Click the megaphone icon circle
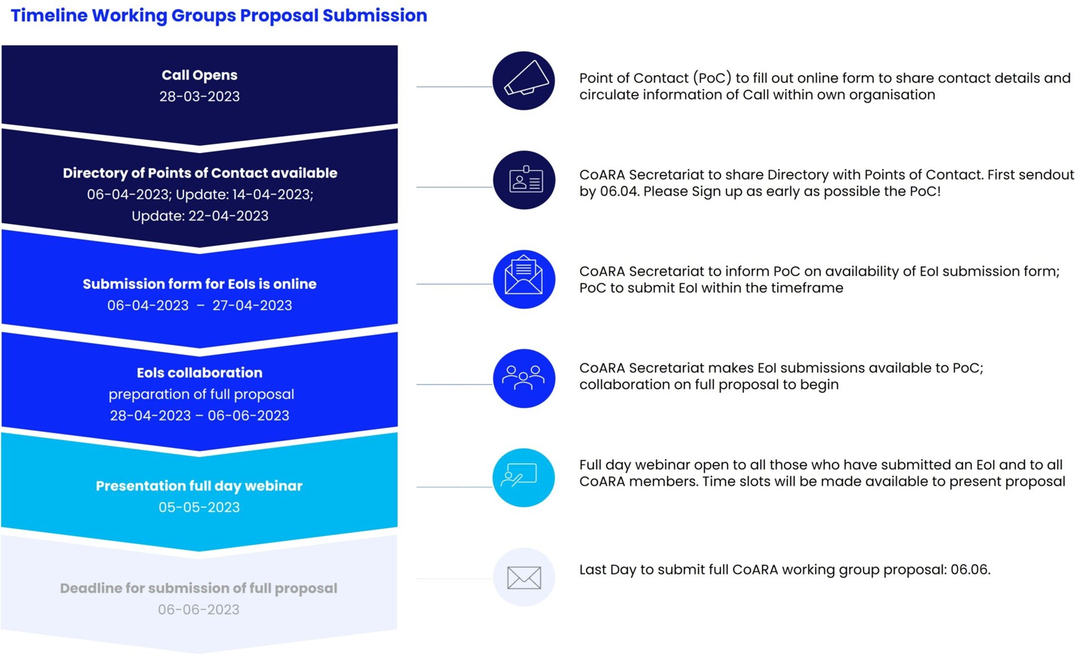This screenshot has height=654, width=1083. [x=523, y=81]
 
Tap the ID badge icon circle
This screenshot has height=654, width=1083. [x=524, y=180]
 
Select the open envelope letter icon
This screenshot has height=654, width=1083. [x=524, y=279]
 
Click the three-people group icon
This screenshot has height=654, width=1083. [x=524, y=378]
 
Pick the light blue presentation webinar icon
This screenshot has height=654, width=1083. [x=524, y=478]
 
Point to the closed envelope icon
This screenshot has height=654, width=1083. [x=524, y=577]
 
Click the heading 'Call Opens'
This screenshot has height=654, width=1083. [x=200, y=75]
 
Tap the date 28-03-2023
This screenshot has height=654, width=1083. [x=200, y=96]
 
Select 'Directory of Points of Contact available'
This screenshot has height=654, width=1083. [x=200, y=173]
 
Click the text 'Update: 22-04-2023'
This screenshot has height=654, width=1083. [x=200, y=216]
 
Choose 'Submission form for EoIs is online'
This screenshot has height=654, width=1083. [x=200, y=284]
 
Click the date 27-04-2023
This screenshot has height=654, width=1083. [x=252, y=305]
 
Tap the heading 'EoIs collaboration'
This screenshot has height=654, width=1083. [x=200, y=373]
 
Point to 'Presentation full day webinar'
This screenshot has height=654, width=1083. [x=199, y=486]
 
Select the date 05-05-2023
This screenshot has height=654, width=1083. [x=199, y=507]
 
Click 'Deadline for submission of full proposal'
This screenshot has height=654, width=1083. [x=198, y=589]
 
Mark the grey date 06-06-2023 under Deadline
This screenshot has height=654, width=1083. [x=198, y=609]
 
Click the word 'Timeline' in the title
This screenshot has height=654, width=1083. [x=49, y=16]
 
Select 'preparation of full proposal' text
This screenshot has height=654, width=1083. [x=201, y=394]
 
